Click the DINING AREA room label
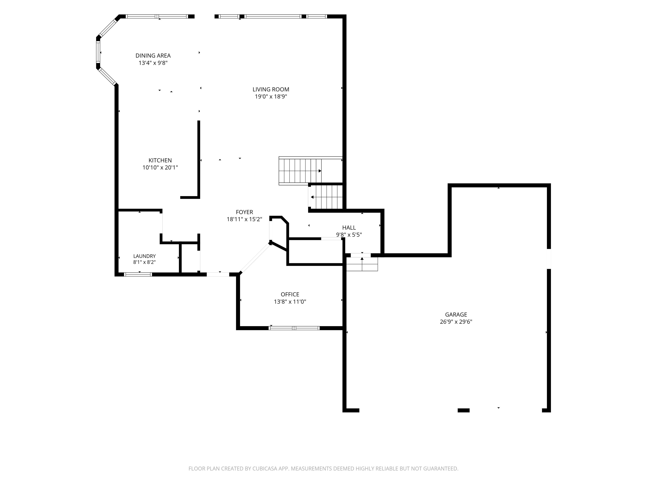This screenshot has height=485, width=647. click(153, 56)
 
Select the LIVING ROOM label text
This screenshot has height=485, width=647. click(271, 89)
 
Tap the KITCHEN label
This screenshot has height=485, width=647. click(160, 160)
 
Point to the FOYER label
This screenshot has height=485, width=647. click(244, 212)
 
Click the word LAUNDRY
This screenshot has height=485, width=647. click(144, 256)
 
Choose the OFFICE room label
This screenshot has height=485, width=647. click(290, 294)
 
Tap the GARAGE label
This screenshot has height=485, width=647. click(456, 314)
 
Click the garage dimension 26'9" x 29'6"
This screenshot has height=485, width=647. click(456, 322)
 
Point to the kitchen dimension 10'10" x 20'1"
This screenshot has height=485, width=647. click(160, 168)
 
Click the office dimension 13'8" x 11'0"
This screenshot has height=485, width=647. click(290, 302)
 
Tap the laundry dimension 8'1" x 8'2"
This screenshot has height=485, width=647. click(144, 262)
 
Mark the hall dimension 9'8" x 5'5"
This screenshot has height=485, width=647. click(349, 235)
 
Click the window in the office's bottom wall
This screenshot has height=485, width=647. click(294, 328)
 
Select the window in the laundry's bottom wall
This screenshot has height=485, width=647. click(138, 274)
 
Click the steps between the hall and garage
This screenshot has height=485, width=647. click(362, 264)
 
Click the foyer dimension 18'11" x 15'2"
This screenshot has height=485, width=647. click(244, 219)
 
